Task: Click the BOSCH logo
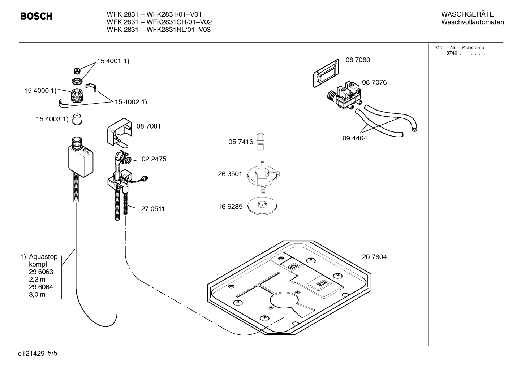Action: point(36,16)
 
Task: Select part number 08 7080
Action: point(357,60)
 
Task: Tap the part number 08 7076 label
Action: point(374,82)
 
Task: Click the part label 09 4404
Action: point(354,138)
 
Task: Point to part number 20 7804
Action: point(374,257)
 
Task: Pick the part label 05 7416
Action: point(241,142)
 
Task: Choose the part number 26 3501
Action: point(230,174)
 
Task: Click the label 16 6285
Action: point(230,207)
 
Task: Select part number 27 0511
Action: point(152,209)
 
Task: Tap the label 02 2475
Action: point(154,159)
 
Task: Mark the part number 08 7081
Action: point(148,126)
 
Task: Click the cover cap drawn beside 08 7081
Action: point(119,132)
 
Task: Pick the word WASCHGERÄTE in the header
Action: point(467,14)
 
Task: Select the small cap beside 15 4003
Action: point(77,119)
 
